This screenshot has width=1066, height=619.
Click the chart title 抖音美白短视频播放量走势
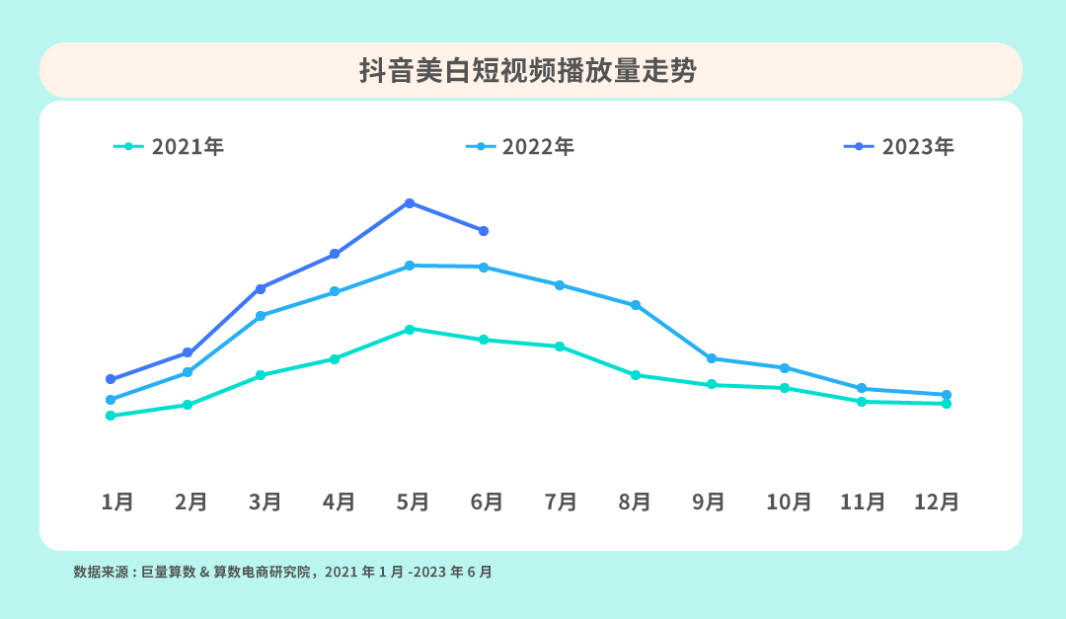(x=530, y=71)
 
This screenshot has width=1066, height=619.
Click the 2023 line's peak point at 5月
(x=409, y=203)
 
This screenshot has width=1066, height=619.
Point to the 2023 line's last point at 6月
(x=484, y=231)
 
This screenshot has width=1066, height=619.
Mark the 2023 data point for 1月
(x=111, y=379)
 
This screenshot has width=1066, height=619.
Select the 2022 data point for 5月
(x=409, y=266)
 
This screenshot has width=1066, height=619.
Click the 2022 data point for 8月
(x=636, y=305)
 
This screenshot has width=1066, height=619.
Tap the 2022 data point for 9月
(x=712, y=358)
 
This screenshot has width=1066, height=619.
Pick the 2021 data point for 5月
(x=409, y=329)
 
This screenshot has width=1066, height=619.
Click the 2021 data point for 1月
(x=111, y=416)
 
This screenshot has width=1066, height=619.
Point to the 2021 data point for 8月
(x=636, y=375)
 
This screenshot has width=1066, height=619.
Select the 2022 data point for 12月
(x=947, y=395)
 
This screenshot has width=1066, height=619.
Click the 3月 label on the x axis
(x=266, y=502)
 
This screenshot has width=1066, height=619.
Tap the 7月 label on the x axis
(x=561, y=502)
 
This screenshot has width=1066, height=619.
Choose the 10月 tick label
(x=789, y=502)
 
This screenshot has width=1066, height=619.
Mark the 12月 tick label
(x=937, y=502)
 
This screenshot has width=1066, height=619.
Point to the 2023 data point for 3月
(x=261, y=288)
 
